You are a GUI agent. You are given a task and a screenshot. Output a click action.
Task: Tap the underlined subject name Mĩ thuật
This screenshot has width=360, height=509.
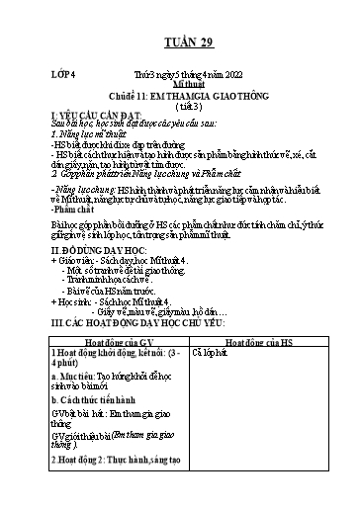tap(184, 86)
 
